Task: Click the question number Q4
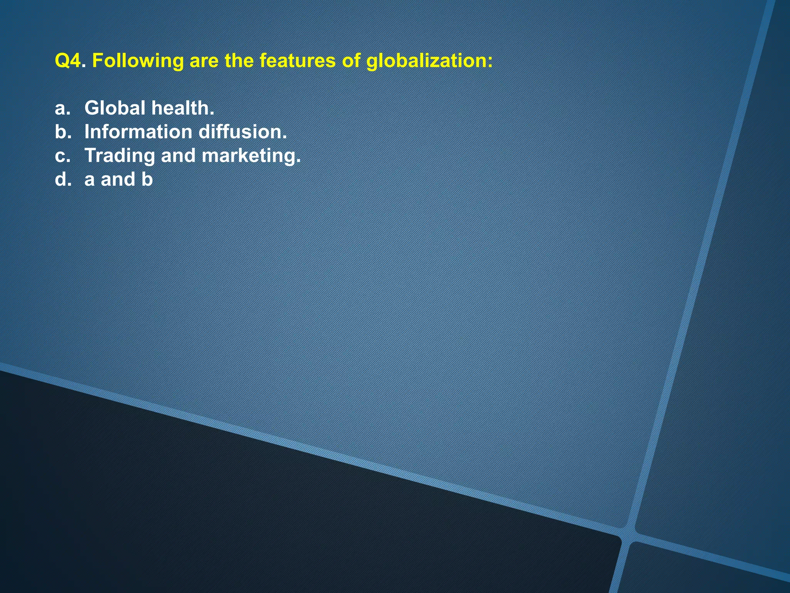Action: point(68,61)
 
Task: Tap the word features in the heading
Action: point(297,61)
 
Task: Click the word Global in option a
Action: point(115,108)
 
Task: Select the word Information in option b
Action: point(138,132)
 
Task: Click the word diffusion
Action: point(243,132)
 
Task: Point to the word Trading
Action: point(119,156)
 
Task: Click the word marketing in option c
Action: point(251,156)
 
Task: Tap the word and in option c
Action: point(178,156)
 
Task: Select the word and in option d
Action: point(118,180)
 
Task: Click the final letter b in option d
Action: point(147,180)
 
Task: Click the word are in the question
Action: point(204,61)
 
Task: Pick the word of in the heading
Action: point(351,61)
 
